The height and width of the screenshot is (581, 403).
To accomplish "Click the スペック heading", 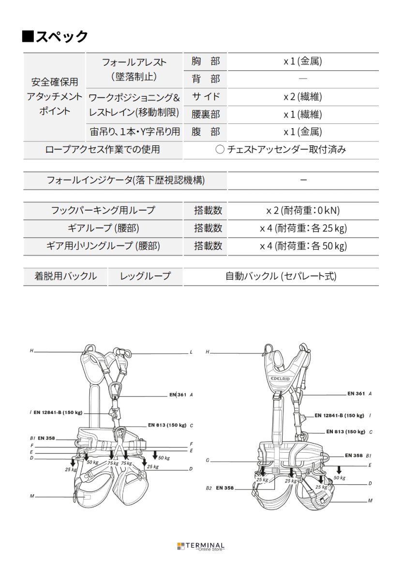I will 55,36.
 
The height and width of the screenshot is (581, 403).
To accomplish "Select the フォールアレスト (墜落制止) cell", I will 134,70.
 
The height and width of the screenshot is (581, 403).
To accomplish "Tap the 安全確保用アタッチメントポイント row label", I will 54,96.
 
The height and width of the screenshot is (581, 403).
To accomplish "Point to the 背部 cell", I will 205,79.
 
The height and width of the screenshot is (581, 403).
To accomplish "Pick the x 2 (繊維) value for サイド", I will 302,97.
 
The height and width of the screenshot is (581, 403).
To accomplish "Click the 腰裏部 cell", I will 205,115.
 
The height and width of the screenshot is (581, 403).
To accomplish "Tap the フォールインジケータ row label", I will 125,181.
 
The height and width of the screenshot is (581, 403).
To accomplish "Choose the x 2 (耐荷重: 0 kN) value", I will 302,211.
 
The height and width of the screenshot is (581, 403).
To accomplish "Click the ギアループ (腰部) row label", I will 103,229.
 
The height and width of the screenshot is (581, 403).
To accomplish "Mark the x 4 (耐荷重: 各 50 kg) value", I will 302,246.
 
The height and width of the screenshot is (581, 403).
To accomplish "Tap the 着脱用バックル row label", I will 65,277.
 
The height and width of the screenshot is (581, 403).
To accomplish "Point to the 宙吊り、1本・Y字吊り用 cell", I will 134,132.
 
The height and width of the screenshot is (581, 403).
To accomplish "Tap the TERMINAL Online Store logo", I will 201,546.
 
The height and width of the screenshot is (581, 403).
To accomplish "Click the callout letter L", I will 191,353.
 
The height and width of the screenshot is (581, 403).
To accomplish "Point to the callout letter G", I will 207,460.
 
